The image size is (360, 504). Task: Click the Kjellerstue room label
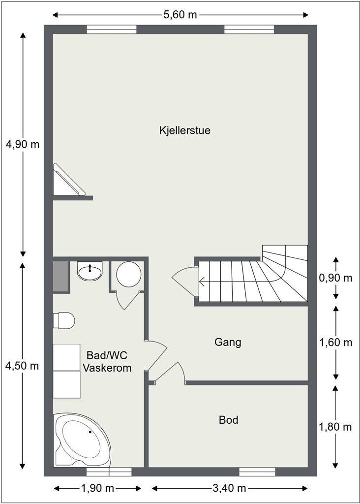point(185,130)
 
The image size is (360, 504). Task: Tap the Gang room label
point(228,342)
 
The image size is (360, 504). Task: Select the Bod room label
point(228,420)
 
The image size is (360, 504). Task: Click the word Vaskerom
point(107,368)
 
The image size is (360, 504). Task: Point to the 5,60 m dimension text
point(180,14)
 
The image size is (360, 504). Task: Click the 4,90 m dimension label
point(22,145)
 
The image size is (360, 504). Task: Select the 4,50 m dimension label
point(22,366)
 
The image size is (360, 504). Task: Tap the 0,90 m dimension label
point(335,278)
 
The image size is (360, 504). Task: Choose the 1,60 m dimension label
point(335,342)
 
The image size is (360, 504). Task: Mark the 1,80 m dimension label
point(335,427)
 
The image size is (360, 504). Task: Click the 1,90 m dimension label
point(97,488)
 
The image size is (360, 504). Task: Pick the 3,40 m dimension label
point(229,488)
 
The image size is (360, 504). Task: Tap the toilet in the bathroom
point(64,320)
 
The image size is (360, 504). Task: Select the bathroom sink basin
point(90,271)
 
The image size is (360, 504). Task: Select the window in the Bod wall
point(257,472)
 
